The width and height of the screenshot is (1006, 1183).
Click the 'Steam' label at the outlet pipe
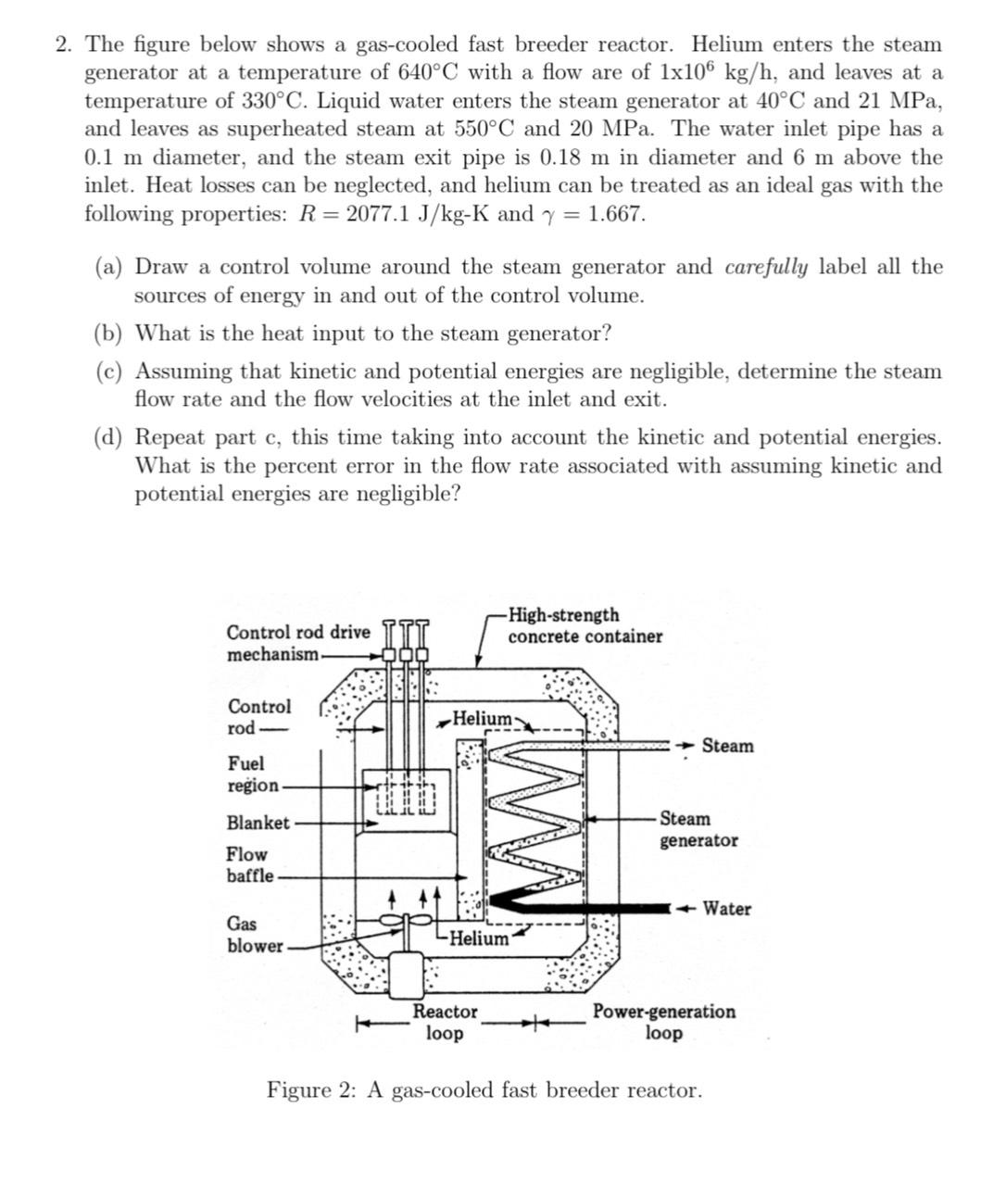(x=727, y=746)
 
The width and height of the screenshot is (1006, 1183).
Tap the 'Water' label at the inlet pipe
(x=726, y=909)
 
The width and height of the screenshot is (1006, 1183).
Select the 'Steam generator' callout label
(x=698, y=830)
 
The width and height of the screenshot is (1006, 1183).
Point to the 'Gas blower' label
(x=255, y=935)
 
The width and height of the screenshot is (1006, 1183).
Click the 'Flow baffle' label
(x=250, y=865)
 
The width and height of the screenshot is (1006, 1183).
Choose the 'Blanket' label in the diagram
(x=258, y=823)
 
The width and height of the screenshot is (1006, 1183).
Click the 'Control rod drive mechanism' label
(x=296, y=643)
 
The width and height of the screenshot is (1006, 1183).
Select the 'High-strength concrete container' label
(x=585, y=626)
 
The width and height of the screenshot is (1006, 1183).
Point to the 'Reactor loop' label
(x=445, y=1022)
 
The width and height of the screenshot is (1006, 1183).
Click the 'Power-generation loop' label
(x=664, y=1022)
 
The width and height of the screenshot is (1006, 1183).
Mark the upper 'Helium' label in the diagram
(x=482, y=718)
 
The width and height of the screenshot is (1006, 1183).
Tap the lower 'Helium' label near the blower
(x=479, y=938)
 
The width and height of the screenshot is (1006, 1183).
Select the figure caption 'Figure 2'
(x=484, y=1089)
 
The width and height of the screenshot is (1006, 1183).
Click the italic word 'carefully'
(x=766, y=268)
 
